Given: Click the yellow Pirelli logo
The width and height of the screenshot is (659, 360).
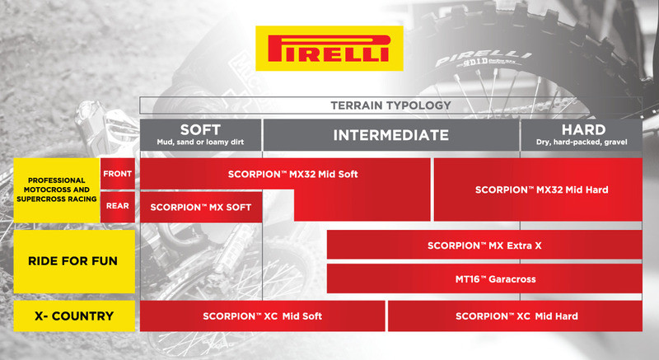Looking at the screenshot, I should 329,48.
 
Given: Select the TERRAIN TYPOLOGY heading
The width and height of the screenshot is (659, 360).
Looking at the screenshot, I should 390,105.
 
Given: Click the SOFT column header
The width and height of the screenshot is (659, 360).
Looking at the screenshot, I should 200,130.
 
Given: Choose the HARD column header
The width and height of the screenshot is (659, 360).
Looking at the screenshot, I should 582,130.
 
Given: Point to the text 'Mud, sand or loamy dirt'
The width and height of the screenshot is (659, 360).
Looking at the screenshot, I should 200,143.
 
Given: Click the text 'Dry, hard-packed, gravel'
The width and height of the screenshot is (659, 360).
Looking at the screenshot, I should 582,143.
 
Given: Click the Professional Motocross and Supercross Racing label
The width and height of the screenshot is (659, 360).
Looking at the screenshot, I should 56,189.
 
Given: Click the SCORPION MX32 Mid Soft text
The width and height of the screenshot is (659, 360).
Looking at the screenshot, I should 293,175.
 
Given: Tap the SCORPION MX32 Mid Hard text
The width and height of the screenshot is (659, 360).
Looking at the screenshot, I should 541,189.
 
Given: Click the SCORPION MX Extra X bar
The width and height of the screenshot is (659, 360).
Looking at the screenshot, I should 484,245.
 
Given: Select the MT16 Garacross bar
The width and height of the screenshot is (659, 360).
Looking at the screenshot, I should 484,279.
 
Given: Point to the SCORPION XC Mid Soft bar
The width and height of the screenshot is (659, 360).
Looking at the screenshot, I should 262,316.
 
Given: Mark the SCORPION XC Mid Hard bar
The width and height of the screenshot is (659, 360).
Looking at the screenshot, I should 516,316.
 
